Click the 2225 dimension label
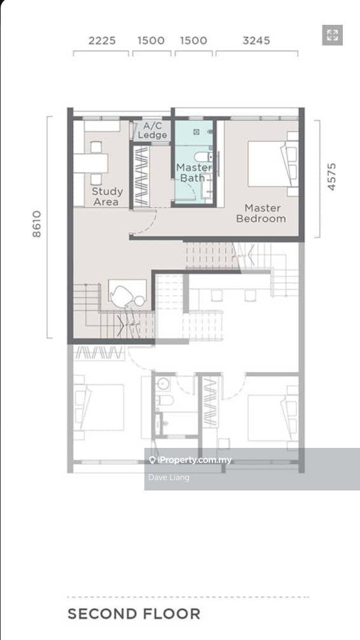click(102, 41)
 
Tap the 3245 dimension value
click(256, 41)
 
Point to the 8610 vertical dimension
click(37, 224)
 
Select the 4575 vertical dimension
click(331, 177)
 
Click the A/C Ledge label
click(152, 130)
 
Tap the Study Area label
click(107, 197)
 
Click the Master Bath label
click(193, 172)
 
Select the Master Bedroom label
click(261, 213)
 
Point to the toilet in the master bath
click(203, 157)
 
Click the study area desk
click(90, 163)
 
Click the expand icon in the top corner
click(332, 35)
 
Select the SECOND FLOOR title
click(134, 613)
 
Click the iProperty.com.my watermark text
click(190, 460)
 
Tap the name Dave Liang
click(169, 477)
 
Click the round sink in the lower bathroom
click(163, 384)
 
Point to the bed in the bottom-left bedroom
click(99, 407)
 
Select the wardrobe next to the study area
click(141, 176)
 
